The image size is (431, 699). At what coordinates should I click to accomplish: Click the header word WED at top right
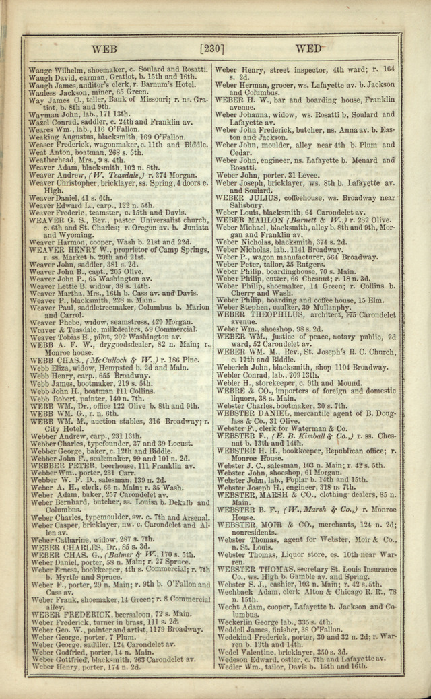tap(308, 48)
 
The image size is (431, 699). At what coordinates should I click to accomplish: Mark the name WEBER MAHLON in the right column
tap(243, 220)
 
